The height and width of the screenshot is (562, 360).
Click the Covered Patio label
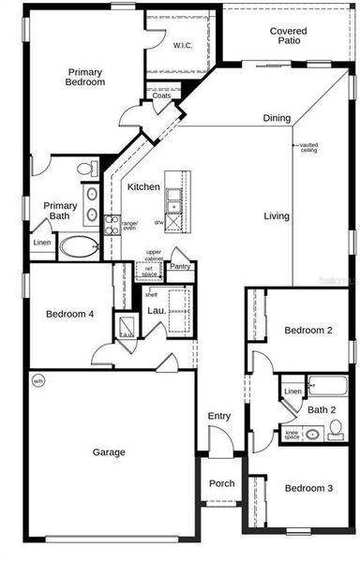[288, 37]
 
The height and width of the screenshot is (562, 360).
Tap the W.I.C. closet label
[182, 45]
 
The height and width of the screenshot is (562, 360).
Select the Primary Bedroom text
[85, 77]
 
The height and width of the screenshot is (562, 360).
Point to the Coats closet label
[161, 96]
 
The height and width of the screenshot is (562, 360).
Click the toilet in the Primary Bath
[85, 170]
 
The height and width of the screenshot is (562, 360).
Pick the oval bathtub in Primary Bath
[80, 247]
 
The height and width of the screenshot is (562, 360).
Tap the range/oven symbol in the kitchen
[112, 224]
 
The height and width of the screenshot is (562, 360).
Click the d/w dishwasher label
[159, 222]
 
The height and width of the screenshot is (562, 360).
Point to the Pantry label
[181, 266]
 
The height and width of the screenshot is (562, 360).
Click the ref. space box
[149, 271]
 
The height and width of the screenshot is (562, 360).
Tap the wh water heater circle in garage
[38, 380]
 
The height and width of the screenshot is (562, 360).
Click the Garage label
[109, 452]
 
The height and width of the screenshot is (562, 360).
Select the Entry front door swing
[220, 439]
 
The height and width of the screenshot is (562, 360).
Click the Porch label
[221, 483]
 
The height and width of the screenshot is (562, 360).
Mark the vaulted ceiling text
[309, 148]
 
